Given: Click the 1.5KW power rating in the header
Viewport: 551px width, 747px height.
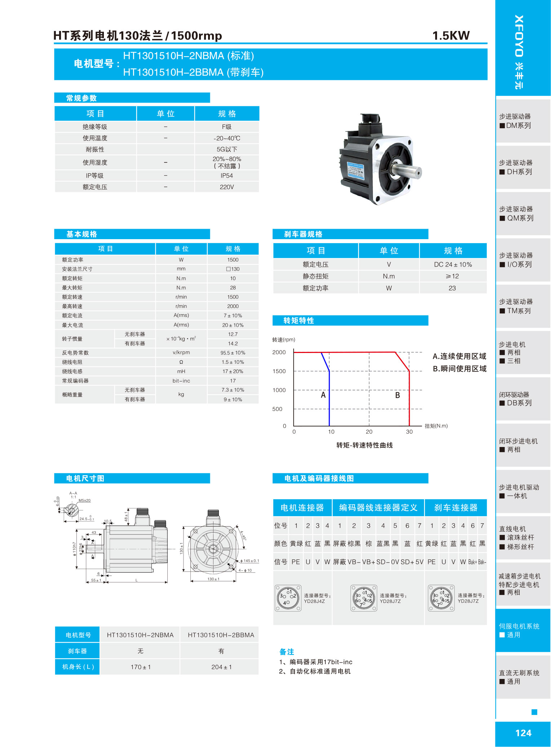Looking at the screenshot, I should (451, 36).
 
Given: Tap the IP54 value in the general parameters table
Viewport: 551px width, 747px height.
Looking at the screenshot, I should (227, 176).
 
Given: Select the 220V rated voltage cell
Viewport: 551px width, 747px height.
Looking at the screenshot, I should (227, 187).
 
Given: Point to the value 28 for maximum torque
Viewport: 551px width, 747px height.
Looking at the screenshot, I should (233, 288).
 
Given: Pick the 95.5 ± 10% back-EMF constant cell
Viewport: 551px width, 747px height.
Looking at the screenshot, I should (233, 353).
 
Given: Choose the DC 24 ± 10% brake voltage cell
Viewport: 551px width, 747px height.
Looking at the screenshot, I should (453, 265).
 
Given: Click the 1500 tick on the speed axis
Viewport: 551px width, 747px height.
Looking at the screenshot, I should (279, 371).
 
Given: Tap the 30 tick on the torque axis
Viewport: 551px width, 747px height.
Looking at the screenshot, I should (409, 432).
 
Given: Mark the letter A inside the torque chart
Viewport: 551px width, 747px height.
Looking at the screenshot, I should (323, 395).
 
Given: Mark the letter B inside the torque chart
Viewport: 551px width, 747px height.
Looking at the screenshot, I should (397, 395).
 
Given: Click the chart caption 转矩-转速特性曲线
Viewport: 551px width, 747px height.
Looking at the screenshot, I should (365, 446).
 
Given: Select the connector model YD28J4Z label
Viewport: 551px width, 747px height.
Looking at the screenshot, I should (314, 601).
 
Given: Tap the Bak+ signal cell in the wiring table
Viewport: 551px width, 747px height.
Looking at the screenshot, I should (472, 562).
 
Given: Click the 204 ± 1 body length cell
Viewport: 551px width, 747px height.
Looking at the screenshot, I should (221, 667).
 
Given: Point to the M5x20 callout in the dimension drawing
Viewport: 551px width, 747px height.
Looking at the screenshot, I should (85, 501).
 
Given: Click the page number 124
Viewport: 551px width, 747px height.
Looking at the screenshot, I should (523, 733).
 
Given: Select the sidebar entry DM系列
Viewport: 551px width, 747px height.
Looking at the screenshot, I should (519, 126).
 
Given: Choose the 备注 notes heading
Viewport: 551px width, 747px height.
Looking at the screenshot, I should (287, 652).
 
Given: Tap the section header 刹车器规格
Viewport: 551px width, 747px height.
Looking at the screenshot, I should (303, 234).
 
